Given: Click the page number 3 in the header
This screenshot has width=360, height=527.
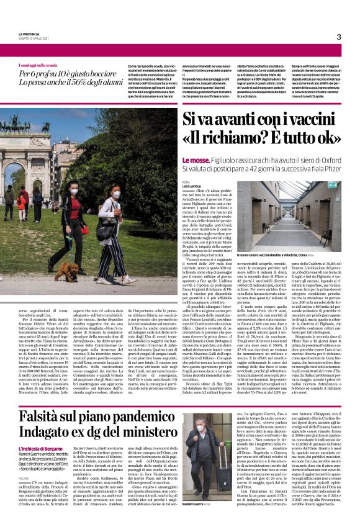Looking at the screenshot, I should [x=339, y=37].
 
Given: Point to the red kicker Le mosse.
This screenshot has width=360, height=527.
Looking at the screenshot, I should [x=194, y=160].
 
